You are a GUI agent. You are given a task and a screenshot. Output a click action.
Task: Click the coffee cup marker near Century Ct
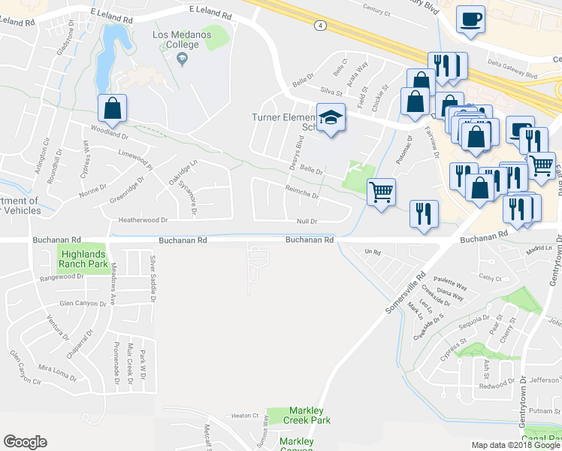470,20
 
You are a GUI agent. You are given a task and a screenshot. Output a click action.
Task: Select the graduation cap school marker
329,119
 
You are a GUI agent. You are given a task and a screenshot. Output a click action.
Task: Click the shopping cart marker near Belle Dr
382,192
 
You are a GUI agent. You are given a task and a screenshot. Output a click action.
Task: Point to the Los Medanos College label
176,40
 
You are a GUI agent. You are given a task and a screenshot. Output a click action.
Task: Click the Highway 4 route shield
320,25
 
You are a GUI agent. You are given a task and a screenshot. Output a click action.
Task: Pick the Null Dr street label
307,222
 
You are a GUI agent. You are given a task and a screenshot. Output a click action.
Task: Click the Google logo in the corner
25,442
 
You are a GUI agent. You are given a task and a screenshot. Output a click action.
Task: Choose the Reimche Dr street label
301,193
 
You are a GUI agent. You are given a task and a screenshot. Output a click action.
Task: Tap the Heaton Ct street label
245,416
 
